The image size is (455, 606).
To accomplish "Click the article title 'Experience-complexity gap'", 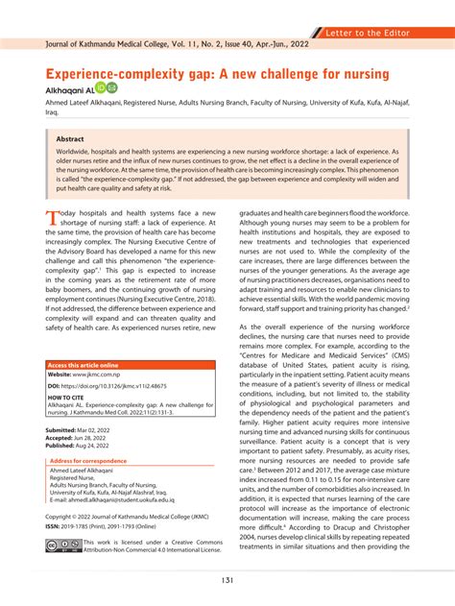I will pos(215,74).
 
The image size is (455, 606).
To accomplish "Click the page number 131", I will pos(227,580).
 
